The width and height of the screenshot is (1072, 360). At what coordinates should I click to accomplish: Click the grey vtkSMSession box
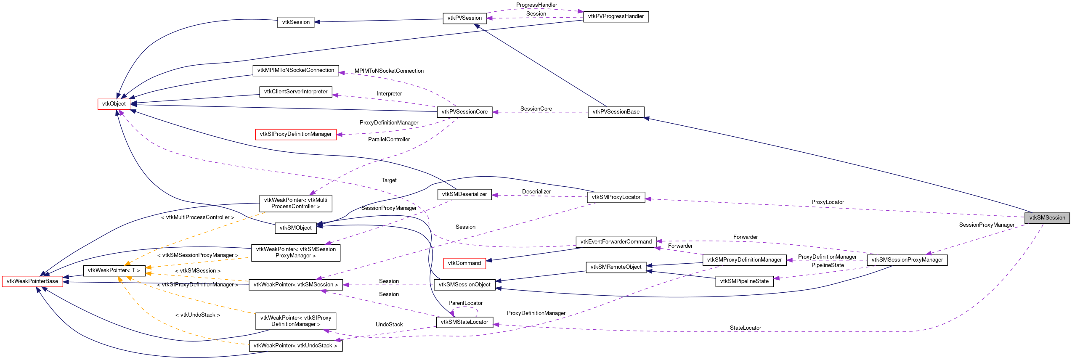[x=1047, y=218]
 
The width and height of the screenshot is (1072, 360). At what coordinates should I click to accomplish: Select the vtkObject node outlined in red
[x=114, y=104]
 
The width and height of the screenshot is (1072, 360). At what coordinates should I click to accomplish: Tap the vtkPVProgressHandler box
[x=616, y=16]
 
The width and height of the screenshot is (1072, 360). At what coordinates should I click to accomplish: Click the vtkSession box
[x=296, y=22]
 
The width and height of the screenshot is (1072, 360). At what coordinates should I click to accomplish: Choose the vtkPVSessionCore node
[x=464, y=112]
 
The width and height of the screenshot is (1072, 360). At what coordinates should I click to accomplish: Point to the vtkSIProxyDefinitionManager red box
[x=296, y=134]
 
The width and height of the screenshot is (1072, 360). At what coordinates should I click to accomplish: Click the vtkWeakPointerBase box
[x=32, y=281]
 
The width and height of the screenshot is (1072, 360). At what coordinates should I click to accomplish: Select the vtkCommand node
[x=464, y=263]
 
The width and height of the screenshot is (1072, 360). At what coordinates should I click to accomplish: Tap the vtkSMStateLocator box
[x=464, y=322]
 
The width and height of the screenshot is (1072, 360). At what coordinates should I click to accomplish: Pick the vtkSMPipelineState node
[x=744, y=281]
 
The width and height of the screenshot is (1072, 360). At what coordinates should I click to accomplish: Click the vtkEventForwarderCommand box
[x=616, y=242]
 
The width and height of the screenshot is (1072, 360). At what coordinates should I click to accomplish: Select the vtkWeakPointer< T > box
[x=114, y=270]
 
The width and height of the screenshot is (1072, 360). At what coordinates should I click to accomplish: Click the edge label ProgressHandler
[x=536, y=5]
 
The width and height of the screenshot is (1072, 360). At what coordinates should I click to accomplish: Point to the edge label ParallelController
[x=389, y=140]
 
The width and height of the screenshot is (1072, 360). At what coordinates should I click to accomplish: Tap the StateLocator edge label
[x=745, y=328]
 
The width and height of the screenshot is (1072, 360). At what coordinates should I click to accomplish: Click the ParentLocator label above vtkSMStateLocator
[x=465, y=303]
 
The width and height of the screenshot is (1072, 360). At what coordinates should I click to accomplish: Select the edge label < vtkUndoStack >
[x=198, y=315]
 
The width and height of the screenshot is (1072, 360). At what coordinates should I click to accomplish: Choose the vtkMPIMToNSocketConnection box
[x=296, y=70]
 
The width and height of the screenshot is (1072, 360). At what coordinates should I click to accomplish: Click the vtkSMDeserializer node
[x=464, y=194]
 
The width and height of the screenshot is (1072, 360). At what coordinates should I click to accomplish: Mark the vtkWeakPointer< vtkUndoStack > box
[x=296, y=346]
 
